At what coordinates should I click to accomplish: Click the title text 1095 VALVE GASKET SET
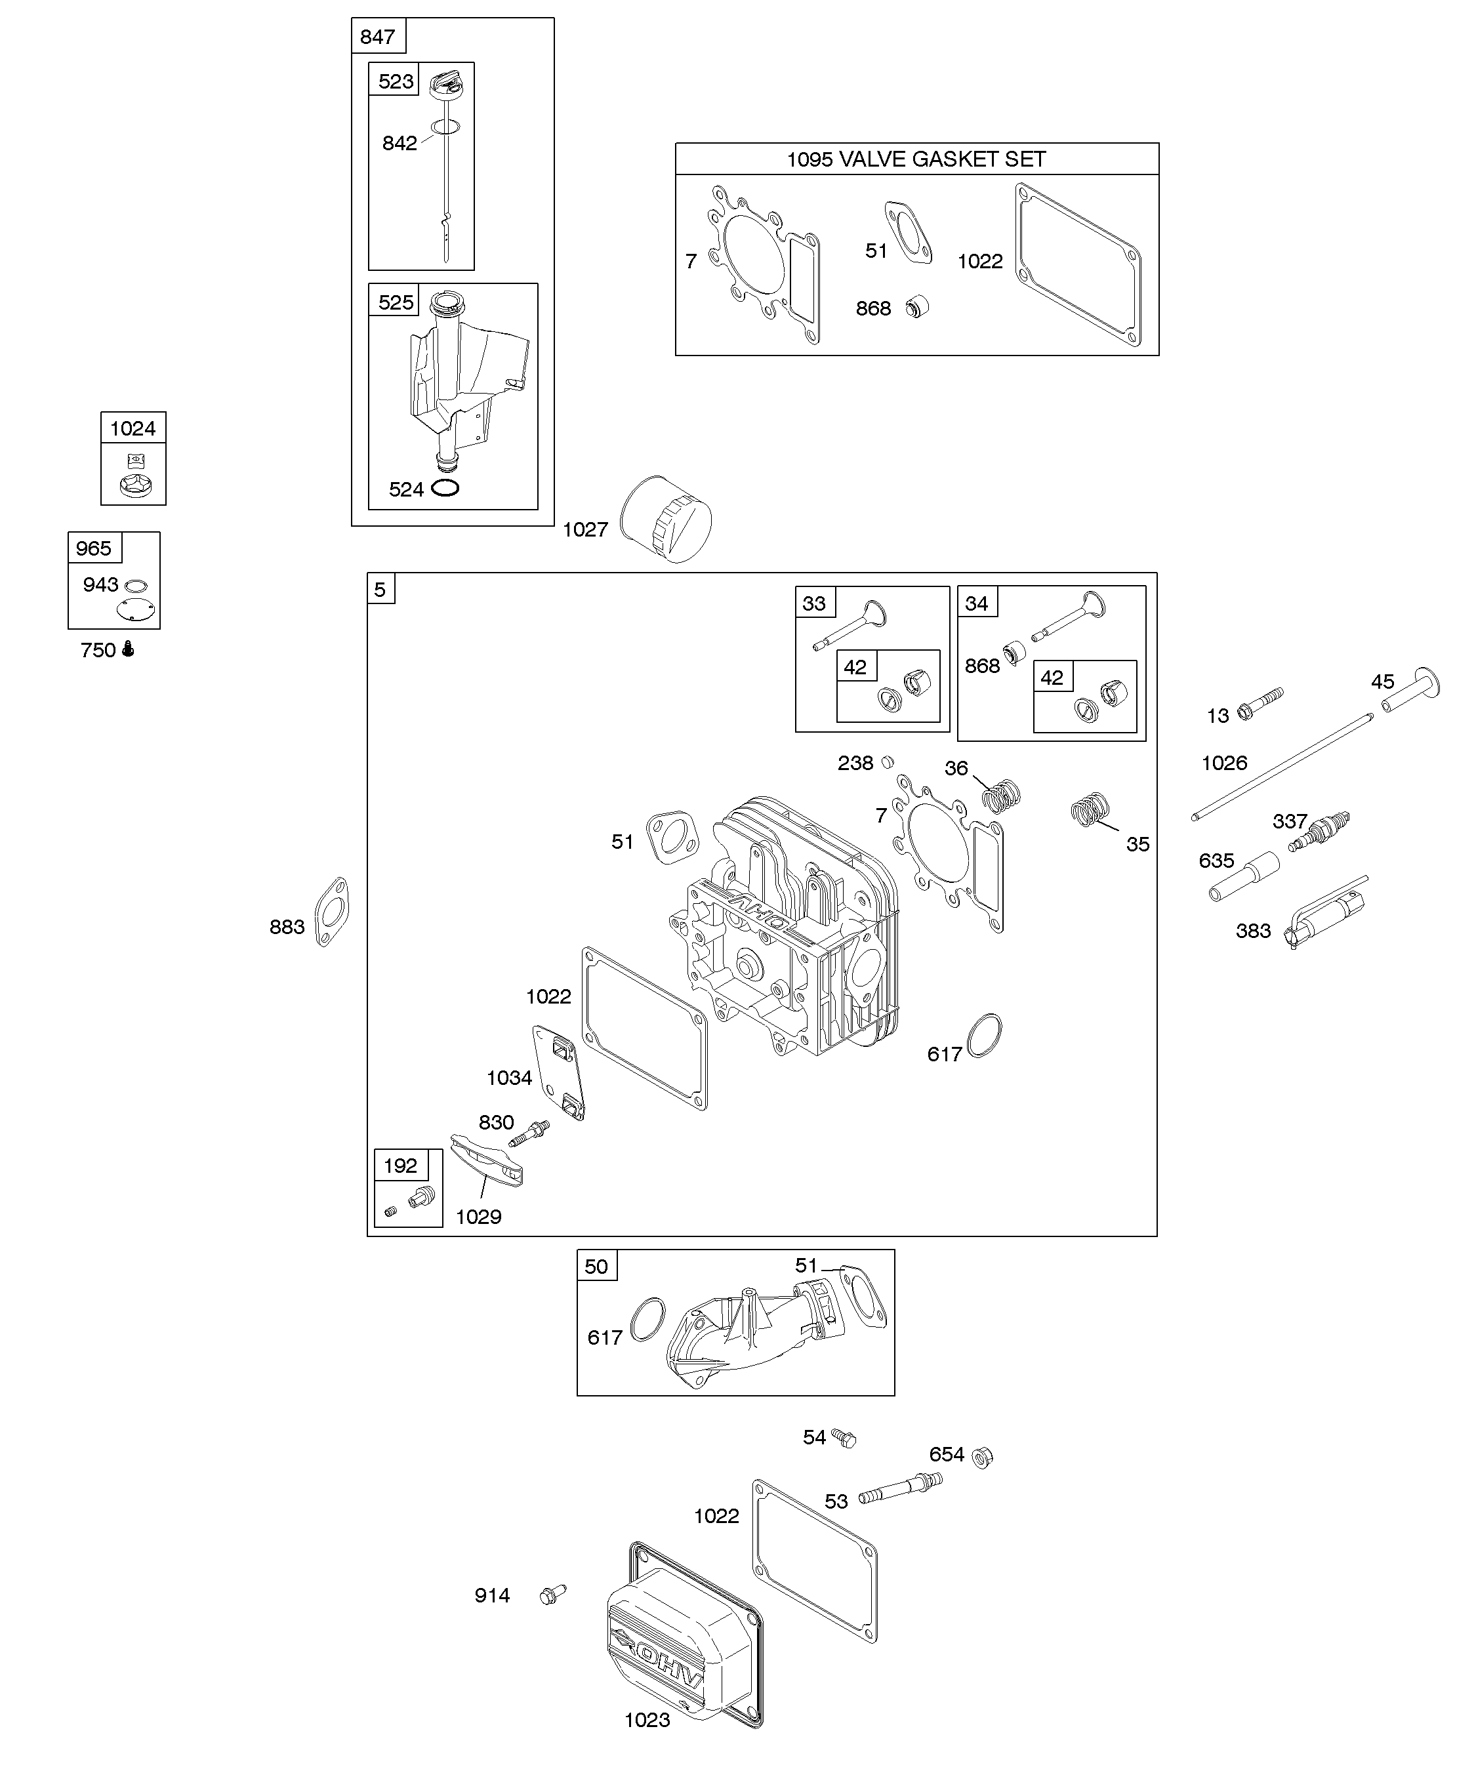[916, 159]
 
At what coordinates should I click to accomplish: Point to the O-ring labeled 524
[445, 488]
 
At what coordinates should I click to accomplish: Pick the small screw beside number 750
[128, 649]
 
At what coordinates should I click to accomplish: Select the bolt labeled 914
[552, 1594]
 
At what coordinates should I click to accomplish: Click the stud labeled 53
[899, 1488]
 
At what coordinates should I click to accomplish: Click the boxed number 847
[377, 36]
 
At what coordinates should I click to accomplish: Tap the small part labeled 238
[886, 762]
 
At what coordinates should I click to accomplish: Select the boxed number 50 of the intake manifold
[596, 1267]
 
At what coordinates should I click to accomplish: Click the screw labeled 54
[844, 1437]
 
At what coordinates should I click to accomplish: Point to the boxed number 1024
[133, 428]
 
